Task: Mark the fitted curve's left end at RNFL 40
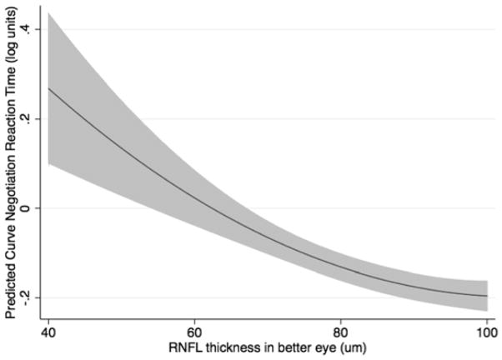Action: pyautogui.click(x=49, y=87)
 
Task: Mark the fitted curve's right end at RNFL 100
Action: pyautogui.click(x=486, y=296)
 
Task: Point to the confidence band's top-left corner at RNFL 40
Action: pyautogui.click(x=49, y=13)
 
